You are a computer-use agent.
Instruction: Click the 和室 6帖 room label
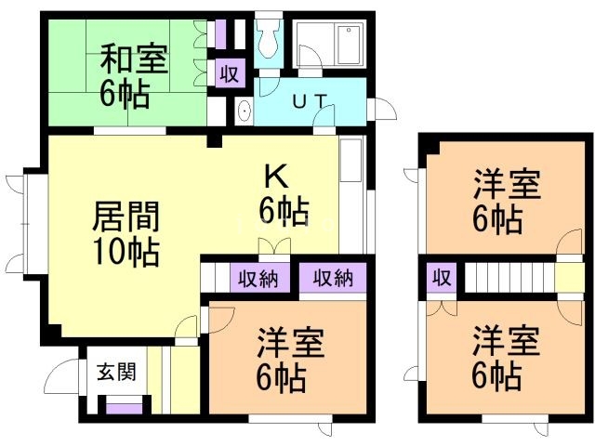[x=133, y=77]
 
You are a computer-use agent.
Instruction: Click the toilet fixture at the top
[x=269, y=39]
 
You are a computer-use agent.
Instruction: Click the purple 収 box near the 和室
[x=228, y=72]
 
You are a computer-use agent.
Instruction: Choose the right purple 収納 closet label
[x=332, y=277]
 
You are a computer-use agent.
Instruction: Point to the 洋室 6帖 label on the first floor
[x=290, y=359]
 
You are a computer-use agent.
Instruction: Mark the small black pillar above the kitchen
[x=215, y=141]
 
